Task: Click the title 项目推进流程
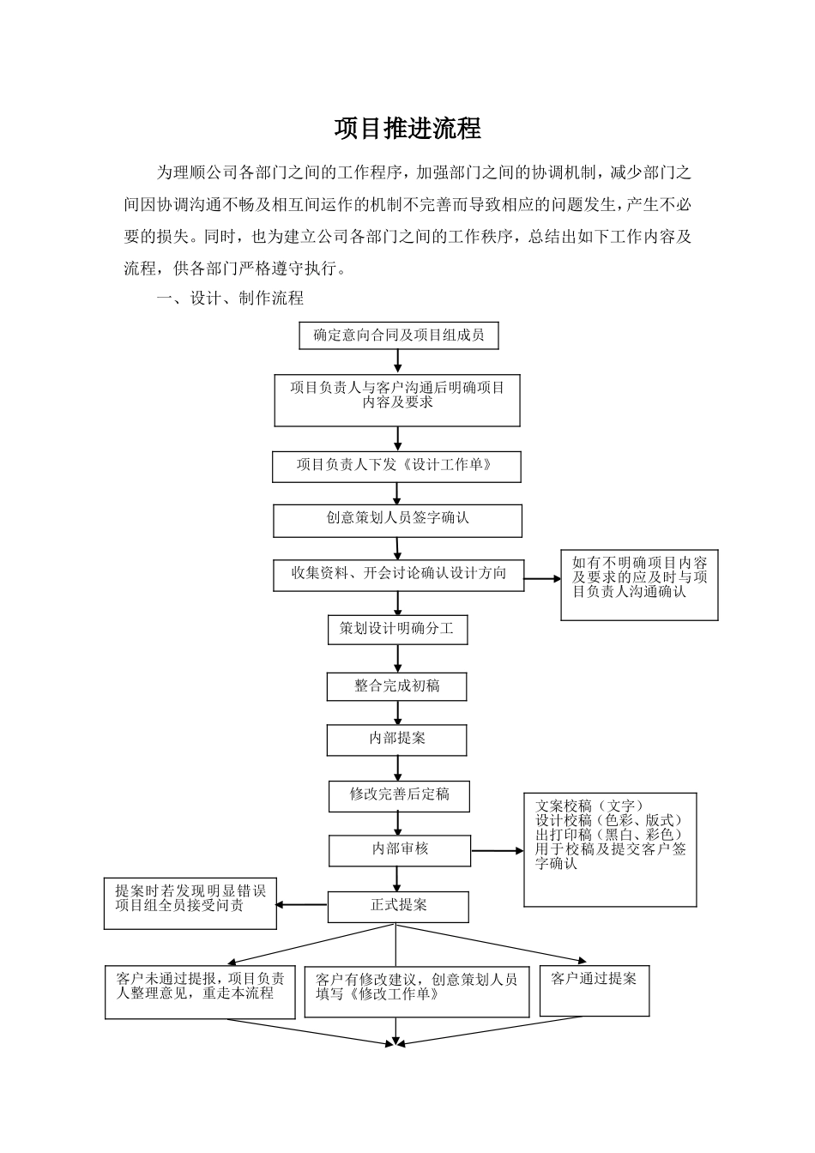[x=407, y=129]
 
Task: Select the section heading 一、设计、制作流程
[x=229, y=299]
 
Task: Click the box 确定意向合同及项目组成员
[x=398, y=335]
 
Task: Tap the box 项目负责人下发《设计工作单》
[x=396, y=466]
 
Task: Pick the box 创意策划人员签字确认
[x=397, y=520]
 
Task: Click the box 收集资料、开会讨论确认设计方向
[x=398, y=574]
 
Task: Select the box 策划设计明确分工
[x=397, y=630]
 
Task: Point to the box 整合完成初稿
[x=396, y=686]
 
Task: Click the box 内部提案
[x=396, y=739]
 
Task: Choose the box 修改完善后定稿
[x=399, y=795]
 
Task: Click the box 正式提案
[x=398, y=907]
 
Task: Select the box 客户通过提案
[x=594, y=991]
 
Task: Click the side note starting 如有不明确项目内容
[x=639, y=585]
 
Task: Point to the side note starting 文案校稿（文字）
[x=610, y=849]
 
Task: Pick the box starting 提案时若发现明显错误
[x=190, y=903]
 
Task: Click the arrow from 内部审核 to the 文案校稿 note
[x=498, y=851]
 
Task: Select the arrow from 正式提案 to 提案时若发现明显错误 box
[x=302, y=905]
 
